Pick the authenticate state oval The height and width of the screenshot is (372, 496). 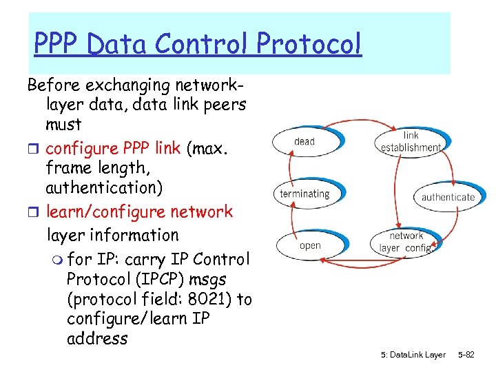click(448, 197)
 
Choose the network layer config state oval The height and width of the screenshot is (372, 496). click(406, 242)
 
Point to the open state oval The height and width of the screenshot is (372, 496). click(310, 245)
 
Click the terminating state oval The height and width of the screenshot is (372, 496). click(304, 194)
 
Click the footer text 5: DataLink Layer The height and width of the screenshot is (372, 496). click(413, 355)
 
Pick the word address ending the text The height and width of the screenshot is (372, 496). click(97, 338)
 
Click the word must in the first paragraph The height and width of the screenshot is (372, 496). click(63, 125)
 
